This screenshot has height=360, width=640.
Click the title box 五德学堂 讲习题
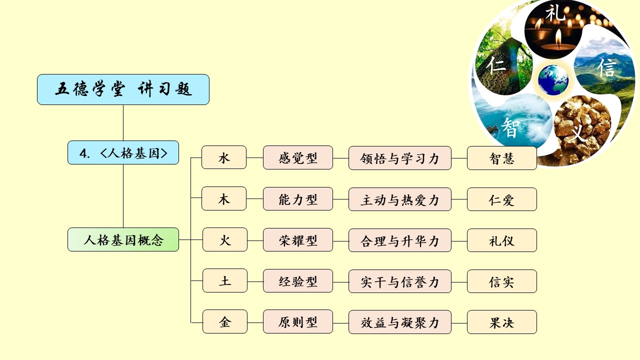click(123, 89)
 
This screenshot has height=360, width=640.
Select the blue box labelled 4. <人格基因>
click(123, 152)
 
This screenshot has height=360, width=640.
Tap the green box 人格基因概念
click(123, 239)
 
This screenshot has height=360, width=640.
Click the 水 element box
click(224, 157)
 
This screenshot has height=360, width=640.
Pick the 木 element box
click(224, 198)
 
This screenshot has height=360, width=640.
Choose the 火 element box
click(225, 239)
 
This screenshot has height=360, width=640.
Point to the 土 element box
click(225, 280)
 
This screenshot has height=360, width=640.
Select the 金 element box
click(225, 321)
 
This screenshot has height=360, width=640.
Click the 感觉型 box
click(298, 157)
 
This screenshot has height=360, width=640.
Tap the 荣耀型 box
click(298, 240)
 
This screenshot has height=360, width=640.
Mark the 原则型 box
click(298, 321)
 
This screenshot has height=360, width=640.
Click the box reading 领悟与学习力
click(400, 158)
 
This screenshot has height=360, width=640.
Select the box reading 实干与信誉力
click(400, 281)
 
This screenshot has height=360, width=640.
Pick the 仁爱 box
click(502, 199)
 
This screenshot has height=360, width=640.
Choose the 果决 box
click(502, 322)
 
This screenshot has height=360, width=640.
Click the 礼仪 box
click(502, 240)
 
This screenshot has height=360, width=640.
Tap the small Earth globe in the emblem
click(553, 80)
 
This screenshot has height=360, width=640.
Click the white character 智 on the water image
click(510, 127)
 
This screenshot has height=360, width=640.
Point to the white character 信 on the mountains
click(606, 67)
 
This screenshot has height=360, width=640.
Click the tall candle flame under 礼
click(558, 38)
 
